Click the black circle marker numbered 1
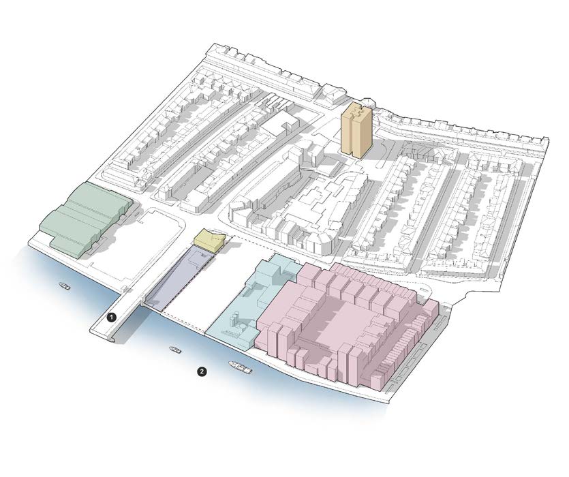click(x=111, y=318)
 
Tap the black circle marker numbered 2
click(x=202, y=371)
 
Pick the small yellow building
click(x=210, y=241)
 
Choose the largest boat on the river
click(x=239, y=367)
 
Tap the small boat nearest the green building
click(x=65, y=286)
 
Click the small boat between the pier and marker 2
click(x=176, y=350)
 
